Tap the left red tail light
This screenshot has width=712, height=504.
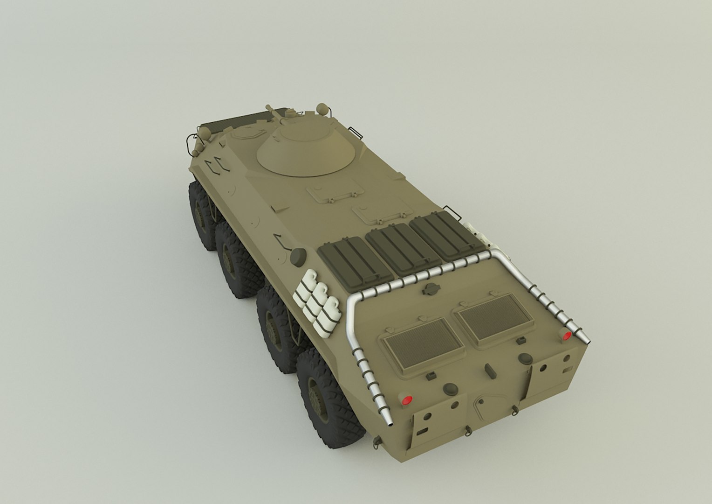tap(406, 399)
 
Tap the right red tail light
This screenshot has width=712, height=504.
tap(567, 336)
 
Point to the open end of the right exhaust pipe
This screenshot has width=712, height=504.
tap(588, 343)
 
